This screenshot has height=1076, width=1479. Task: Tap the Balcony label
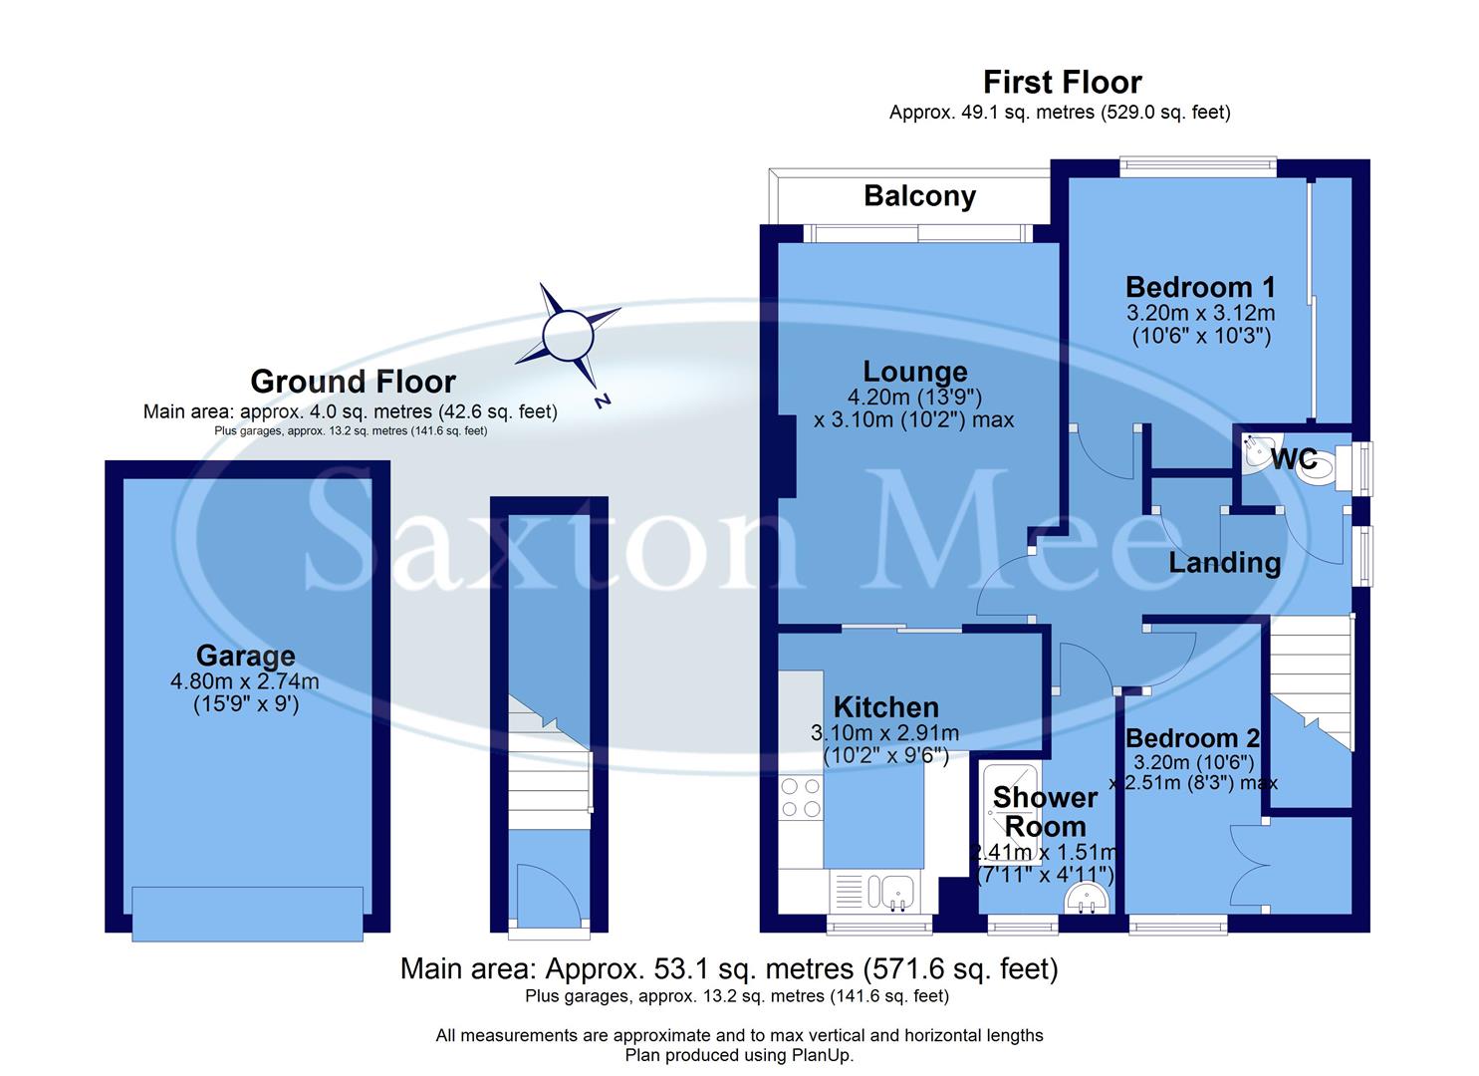(x=919, y=196)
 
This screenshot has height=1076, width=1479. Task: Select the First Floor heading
(x=1062, y=82)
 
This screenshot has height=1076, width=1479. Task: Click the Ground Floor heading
(x=353, y=382)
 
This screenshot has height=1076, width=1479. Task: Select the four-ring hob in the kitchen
(x=802, y=797)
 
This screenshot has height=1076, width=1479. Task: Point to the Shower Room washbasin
(x=1086, y=902)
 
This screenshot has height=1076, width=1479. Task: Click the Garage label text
(x=245, y=656)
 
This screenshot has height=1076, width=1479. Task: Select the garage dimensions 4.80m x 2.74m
(x=245, y=681)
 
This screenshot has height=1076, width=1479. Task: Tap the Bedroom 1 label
(x=1200, y=287)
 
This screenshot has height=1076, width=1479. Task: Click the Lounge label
(x=914, y=372)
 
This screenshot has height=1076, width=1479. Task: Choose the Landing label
(x=1224, y=563)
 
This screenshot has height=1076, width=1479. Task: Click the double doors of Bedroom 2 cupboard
(x=1250, y=865)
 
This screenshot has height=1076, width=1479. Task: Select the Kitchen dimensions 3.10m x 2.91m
(x=885, y=733)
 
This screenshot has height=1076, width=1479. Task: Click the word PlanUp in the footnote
(x=822, y=1055)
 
